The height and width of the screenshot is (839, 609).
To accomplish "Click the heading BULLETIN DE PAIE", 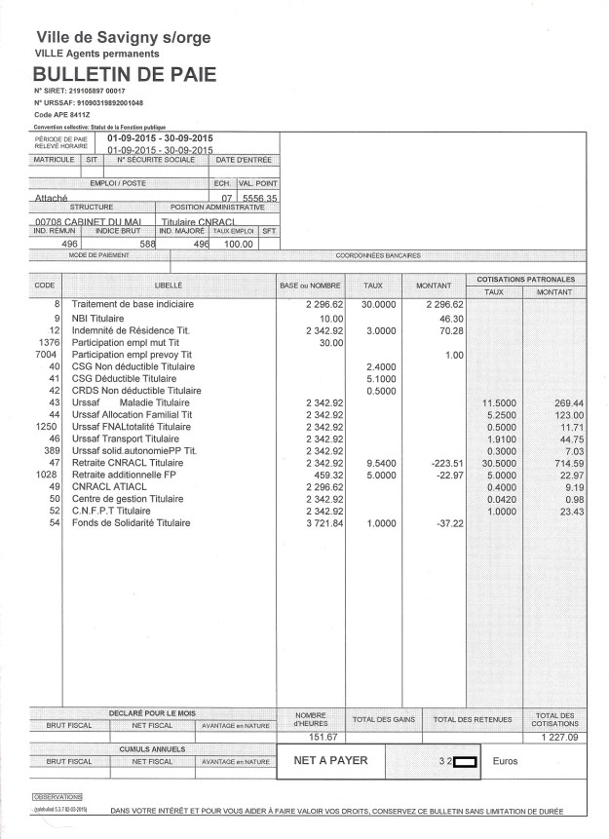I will pyautogui.click(x=125, y=74).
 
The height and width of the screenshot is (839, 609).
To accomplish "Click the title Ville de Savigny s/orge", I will pyautogui.click(x=123, y=38).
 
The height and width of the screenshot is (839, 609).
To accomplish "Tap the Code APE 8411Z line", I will pyautogui.click(x=63, y=115).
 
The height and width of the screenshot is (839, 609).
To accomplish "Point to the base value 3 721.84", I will pyautogui.click(x=313, y=523).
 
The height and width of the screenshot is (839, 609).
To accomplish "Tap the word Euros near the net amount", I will pyautogui.click(x=507, y=761).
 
